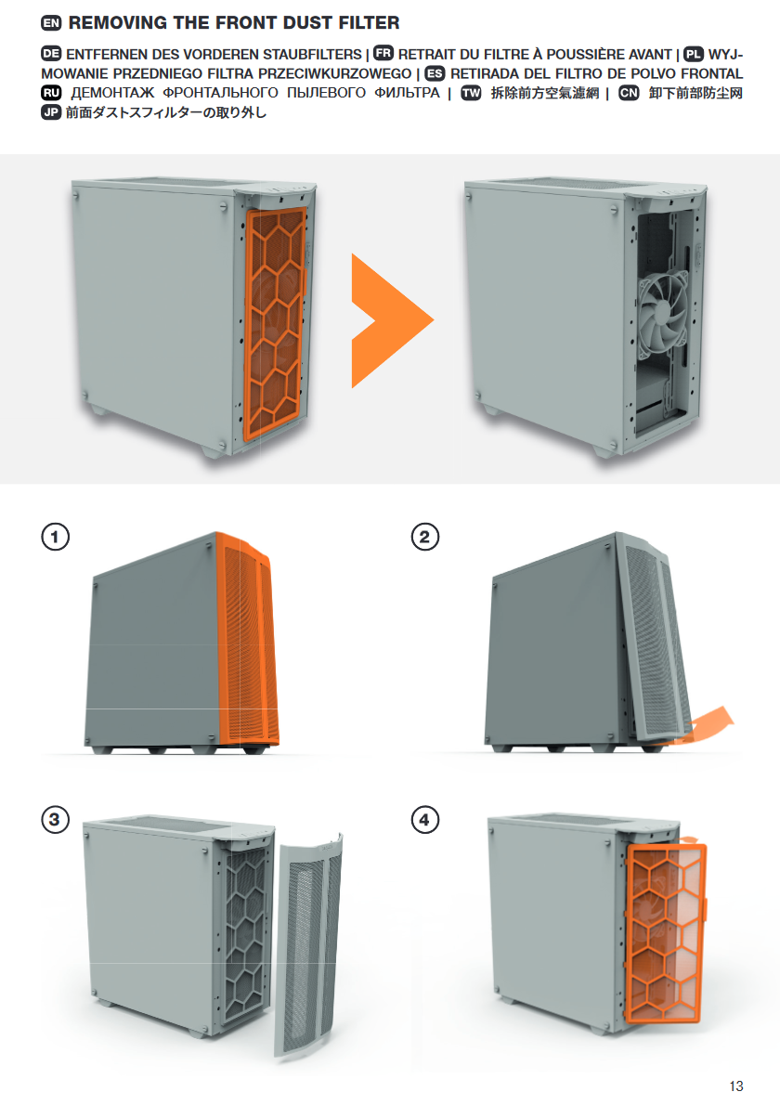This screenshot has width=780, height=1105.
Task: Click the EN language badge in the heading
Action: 51,23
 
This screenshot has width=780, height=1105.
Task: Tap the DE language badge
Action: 51,54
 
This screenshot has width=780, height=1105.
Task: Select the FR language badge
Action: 383,54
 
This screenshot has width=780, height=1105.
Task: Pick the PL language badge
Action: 694,54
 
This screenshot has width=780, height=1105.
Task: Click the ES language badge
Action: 435,73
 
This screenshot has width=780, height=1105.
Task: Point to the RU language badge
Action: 51,92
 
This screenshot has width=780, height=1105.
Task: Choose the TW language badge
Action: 471,93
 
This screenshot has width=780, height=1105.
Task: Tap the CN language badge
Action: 629,93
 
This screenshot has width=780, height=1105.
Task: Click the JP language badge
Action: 51,112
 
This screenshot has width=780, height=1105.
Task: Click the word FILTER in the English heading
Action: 369,23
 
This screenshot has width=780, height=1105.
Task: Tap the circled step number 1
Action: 55,537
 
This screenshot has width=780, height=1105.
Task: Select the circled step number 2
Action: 425,537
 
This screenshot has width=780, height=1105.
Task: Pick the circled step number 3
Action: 55,820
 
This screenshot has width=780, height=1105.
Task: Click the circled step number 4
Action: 425,820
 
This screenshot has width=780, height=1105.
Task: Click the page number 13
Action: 736,1086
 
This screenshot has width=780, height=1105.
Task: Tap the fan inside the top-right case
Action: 663,318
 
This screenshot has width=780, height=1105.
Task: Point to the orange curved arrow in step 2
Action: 705,726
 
